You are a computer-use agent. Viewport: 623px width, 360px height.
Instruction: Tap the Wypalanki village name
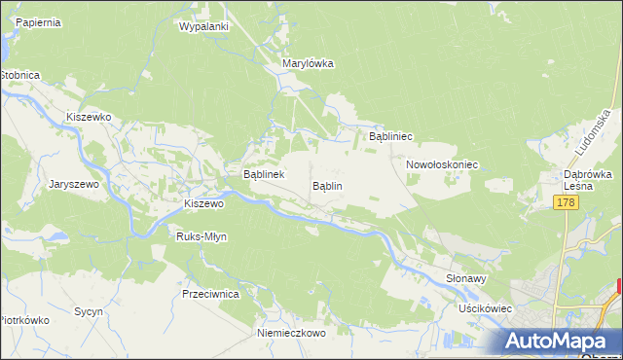(203, 26)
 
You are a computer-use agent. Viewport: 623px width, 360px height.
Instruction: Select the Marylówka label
(308, 63)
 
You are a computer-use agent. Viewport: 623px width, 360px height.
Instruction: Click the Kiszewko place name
(90, 117)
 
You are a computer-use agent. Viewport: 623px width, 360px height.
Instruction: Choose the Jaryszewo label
(69, 182)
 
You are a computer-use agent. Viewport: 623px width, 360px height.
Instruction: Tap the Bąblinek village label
(263, 175)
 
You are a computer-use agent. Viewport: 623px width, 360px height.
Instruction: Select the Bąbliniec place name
(391, 137)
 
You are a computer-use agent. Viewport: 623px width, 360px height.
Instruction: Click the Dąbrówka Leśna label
(587, 181)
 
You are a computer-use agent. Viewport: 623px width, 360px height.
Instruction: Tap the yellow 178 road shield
(568, 201)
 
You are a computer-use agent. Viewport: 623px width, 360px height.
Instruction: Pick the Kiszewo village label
(204, 204)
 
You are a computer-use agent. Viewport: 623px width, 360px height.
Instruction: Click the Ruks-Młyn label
(202, 236)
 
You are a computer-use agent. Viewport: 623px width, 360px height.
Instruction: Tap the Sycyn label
(90, 312)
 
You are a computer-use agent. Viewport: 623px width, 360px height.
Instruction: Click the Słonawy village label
(465, 277)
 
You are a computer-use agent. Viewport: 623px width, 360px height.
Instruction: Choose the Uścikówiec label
(486, 308)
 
